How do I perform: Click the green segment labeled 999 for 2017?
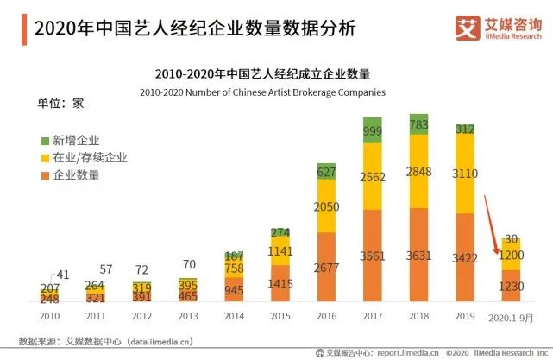coord(373,130)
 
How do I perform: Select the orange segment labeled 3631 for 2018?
coord(419,256)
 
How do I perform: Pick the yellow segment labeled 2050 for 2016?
coord(326,206)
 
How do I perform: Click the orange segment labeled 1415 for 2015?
coord(280,283)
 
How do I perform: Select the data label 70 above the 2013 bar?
coord(189,264)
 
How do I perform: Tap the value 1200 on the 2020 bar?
coord(511,256)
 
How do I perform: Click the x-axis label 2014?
coord(234,316)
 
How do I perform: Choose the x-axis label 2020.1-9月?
coord(511,317)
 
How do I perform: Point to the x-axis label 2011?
coord(97,316)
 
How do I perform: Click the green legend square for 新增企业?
coord(46,140)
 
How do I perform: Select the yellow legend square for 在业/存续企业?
coord(46,157)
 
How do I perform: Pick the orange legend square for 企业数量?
coord(46,175)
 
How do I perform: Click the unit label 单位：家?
coord(60,104)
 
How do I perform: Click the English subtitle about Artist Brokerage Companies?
coord(262,92)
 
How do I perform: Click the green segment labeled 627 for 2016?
coord(326,171)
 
